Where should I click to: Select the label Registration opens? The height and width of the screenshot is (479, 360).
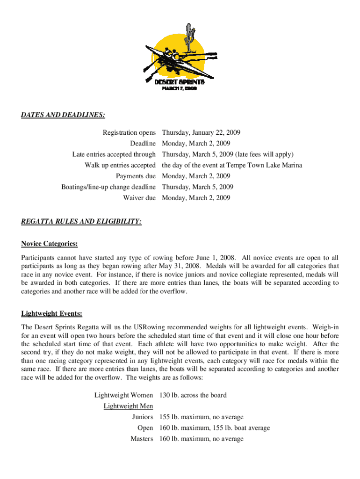click(129, 133)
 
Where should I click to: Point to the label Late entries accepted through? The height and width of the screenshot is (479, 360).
click(114, 154)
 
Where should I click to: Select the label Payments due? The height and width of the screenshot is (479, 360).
click(136, 176)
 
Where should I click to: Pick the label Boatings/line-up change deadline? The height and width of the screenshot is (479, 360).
click(108, 187)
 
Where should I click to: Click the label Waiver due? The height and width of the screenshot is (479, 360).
click(139, 198)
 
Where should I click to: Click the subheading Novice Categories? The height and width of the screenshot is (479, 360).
click(50, 244)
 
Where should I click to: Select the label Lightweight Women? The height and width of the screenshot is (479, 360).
click(123, 395)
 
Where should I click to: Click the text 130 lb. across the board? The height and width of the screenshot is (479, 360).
click(193, 395)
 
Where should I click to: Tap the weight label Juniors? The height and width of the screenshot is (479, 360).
click(143, 417)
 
